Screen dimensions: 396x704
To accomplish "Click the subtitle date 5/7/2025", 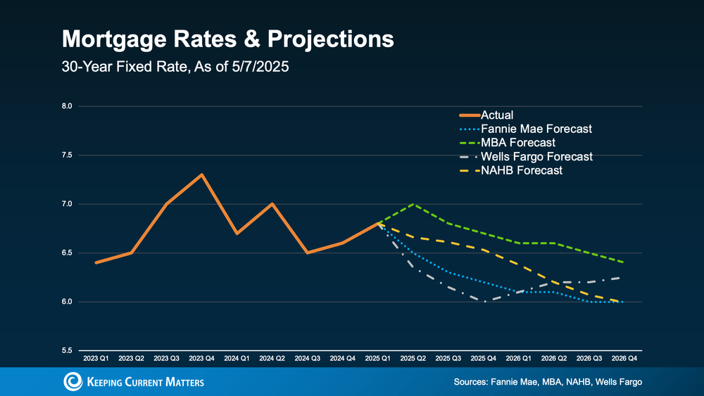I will pos(260,68).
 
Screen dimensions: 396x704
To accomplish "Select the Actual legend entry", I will pos(497,115).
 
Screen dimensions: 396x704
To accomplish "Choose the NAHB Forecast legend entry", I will pos(522,170).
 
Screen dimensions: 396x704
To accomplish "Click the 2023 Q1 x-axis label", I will pos(96,358).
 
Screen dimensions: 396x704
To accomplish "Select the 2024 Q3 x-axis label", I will pos(307,358).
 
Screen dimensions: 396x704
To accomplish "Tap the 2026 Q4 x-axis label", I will pos(622,358).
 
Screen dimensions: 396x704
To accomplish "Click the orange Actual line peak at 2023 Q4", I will pos(202,174).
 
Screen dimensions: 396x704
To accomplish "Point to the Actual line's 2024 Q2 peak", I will pos(272,204).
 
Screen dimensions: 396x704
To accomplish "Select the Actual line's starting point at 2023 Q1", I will pos(96,262).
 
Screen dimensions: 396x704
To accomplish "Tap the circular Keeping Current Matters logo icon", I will pos(73,381).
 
